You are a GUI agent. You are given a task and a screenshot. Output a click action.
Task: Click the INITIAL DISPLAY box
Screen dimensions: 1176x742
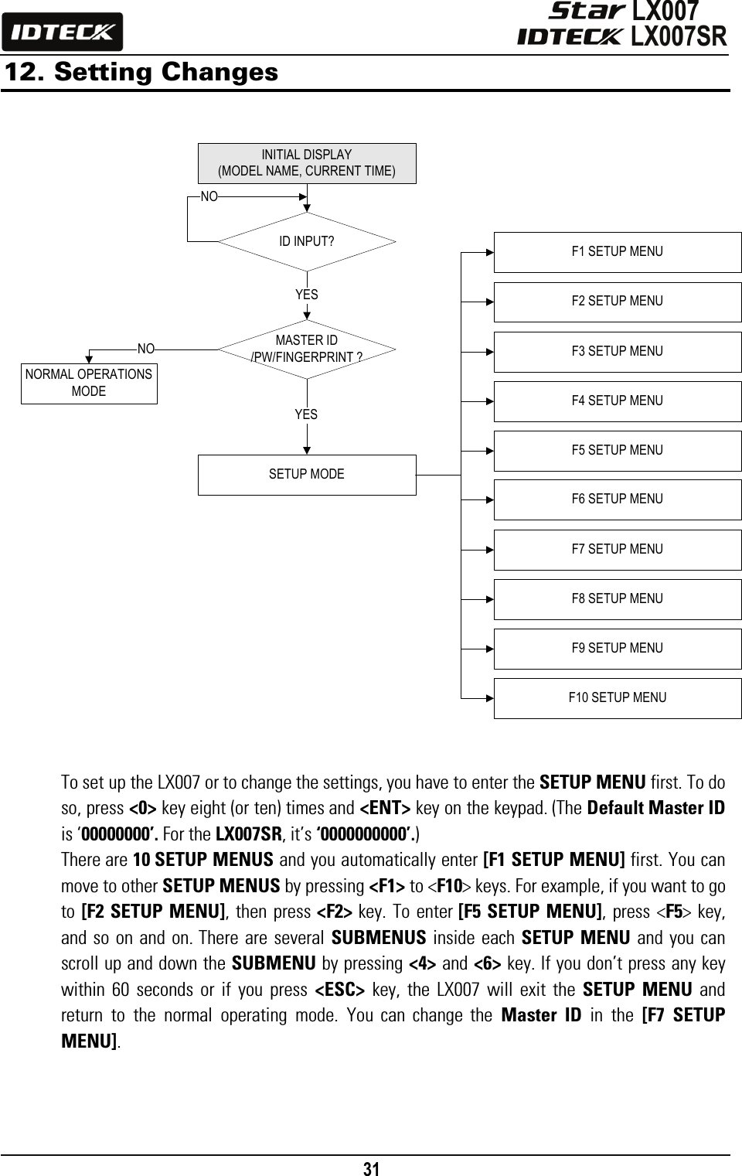(x=307, y=163)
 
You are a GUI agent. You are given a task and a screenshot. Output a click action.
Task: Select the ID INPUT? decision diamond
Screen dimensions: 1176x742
(x=307, y=241)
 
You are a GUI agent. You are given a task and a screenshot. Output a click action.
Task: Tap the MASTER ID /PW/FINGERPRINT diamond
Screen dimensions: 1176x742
(x=307, y=349)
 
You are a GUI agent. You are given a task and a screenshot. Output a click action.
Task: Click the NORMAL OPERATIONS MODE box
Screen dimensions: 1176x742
(x=89, y=383)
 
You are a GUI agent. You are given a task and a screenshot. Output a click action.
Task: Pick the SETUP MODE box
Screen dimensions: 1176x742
(x=307, y=475)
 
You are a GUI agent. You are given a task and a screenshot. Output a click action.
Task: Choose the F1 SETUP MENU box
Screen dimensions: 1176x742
(x=617, y=252)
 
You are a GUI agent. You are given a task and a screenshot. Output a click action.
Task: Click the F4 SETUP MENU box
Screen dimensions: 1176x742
(x=617, y=401)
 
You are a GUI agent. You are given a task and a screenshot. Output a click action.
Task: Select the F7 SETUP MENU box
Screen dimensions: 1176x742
(x=617, y=550)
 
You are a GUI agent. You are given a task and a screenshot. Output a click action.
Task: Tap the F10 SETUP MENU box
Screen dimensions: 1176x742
(x=617, y=698)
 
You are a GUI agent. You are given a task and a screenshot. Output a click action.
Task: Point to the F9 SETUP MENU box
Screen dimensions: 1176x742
(x=617, y=649)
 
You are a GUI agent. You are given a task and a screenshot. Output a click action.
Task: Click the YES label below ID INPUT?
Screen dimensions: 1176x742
(x=307, y=295)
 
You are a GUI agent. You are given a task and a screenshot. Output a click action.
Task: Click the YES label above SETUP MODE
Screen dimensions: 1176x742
(x=306, y=414)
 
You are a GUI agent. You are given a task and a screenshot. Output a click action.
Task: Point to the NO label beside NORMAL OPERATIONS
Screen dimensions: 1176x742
(x=146, y=349)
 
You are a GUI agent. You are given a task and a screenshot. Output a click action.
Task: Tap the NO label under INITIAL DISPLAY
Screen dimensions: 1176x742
(x=209, y=196)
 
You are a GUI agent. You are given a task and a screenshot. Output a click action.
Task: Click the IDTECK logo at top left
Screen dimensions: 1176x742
(x=62, y=32)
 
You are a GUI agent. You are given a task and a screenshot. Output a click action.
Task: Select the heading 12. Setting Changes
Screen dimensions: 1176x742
(x=141, y=72)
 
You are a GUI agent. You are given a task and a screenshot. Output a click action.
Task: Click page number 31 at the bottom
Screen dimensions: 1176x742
(x=371, y=1168)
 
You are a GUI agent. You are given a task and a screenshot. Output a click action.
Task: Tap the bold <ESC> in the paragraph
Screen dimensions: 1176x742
(x=339, y=990)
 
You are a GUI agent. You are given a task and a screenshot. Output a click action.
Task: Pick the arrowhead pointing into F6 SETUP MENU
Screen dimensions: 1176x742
(x=490, y=500)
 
